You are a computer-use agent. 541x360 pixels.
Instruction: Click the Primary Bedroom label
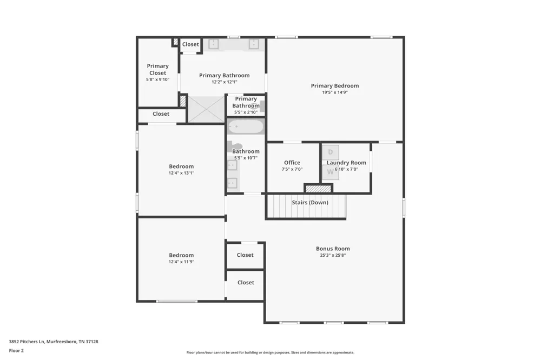335,85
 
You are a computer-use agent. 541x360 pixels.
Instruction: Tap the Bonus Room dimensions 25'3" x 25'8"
333,255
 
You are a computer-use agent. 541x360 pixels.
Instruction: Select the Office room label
292,162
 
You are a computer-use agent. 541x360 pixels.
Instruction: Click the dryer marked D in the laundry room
330,152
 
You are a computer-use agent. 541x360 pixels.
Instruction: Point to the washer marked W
330,172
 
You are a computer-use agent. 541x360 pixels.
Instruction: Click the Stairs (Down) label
310,202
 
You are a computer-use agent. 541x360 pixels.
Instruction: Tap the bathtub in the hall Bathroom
246,126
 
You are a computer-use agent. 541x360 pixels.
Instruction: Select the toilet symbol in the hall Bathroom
235,146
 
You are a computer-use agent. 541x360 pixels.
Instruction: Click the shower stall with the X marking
206,109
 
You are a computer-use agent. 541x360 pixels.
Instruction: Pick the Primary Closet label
157,69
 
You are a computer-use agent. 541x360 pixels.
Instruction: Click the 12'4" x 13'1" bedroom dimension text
181,173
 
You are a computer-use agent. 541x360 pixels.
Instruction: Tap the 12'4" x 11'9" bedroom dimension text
181,262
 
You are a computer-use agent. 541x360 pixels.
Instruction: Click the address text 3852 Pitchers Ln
27,342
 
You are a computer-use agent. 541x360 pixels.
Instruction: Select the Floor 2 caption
16,351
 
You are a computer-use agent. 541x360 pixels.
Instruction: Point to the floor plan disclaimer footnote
270,352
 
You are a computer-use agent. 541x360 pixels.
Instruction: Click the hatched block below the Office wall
319,189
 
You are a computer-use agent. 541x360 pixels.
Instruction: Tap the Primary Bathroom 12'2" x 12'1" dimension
225,82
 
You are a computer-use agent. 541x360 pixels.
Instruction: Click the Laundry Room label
346,162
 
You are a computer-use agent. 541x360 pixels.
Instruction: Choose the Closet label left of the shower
161,114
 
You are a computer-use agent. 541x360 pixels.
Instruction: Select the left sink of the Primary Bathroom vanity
214,44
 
